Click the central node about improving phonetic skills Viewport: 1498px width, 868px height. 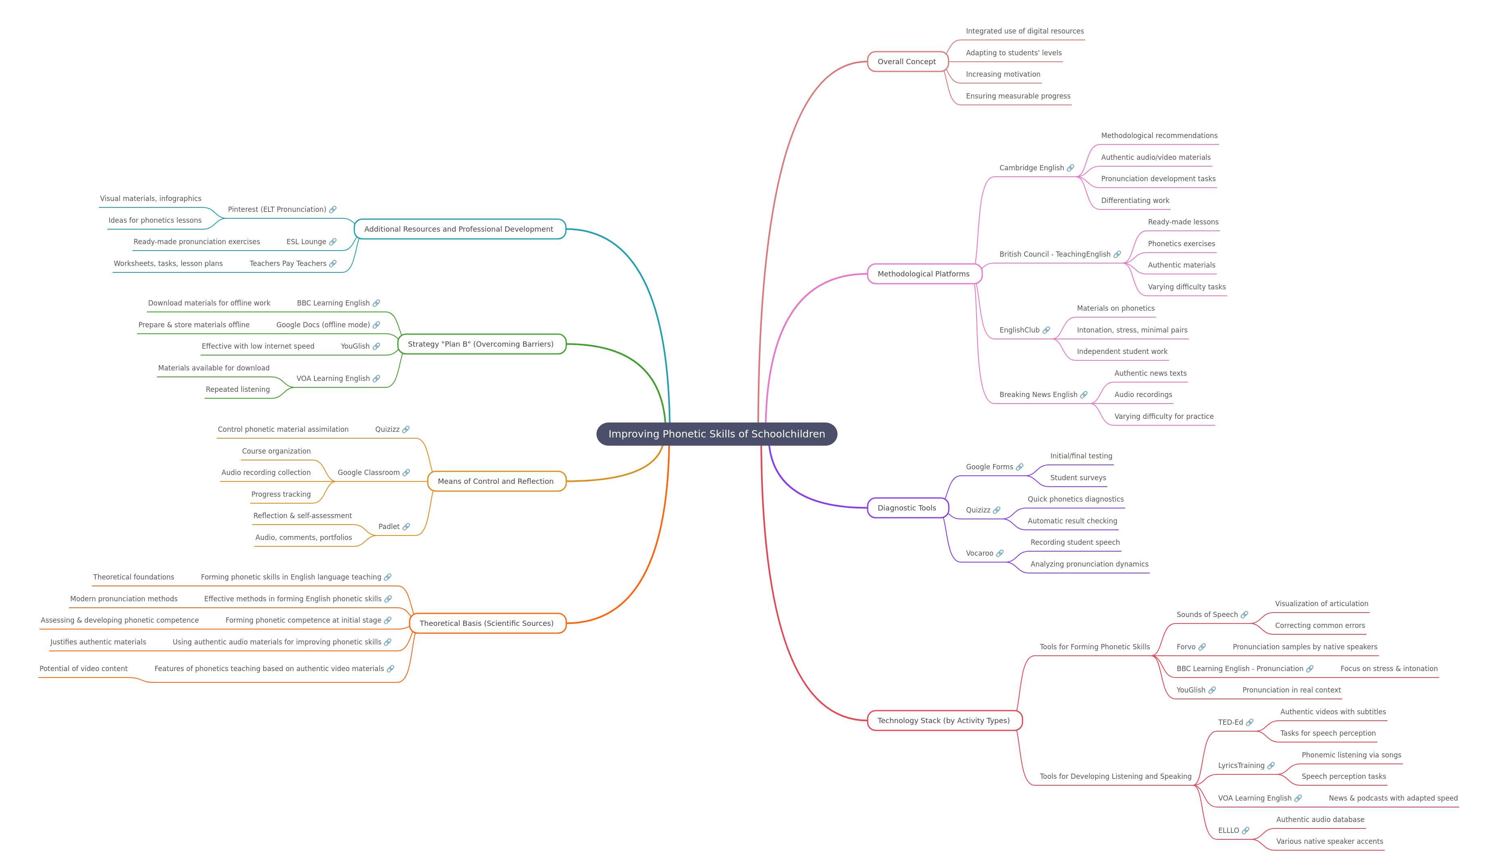(x=716, y=434)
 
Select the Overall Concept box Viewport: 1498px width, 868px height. (x=907, y=62)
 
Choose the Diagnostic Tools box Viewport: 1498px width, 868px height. (x=907, y=508)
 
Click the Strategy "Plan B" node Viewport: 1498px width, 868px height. (x=481, y=344)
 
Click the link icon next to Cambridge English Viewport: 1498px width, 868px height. (x=1071, y=168)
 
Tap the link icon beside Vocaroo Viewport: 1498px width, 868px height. (x=1000, y=554)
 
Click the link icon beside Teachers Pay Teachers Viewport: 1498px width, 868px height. (x=333, y=264)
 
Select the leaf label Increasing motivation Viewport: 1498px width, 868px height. (x=1003, y=74)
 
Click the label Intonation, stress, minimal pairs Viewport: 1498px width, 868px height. (x=1132, y=330)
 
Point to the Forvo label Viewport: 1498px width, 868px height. (x=1186, y=647)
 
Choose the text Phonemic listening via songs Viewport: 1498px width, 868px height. (x=1351, y=755)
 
